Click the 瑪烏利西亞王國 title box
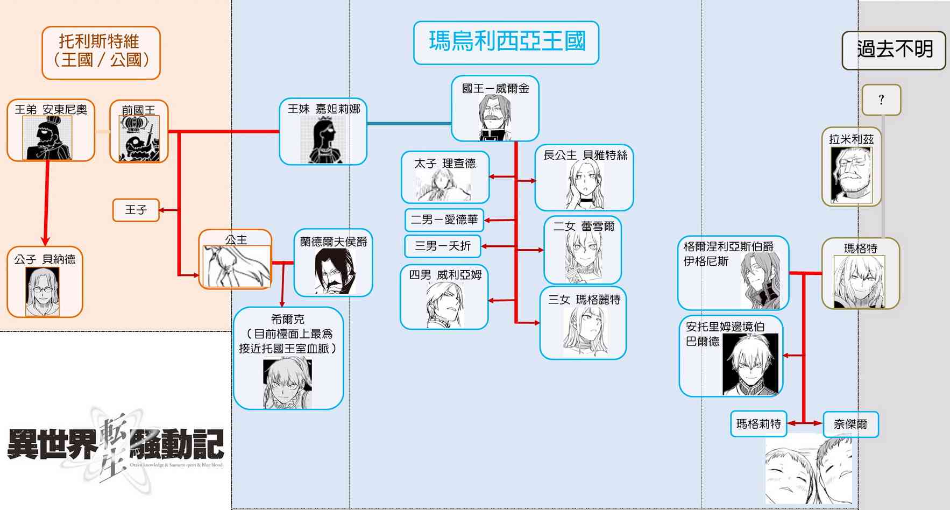click(x=506, y=42)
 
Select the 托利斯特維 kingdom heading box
click(x=101, y=53)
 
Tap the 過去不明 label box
click(x=894, y=50)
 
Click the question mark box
click(x=881, y=100)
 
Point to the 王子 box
click(x=136, y=210)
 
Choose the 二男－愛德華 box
click(x=444, y=219)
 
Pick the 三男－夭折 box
click(x=442, y=246)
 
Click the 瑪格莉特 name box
click(x=758, y=424)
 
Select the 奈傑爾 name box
click(x=850, y=424)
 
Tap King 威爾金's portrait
click(x=494, y=117)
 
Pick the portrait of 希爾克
click(x=287, y=384)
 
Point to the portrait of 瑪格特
click(x=860, y=281)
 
